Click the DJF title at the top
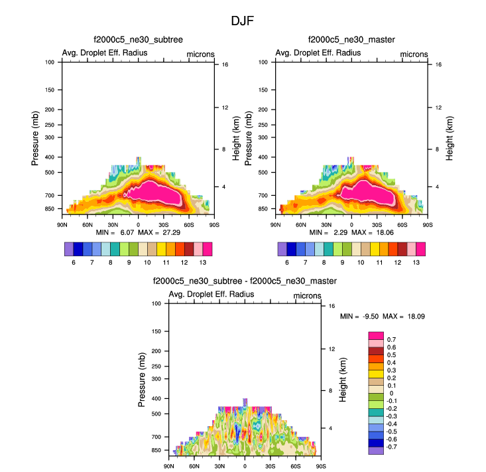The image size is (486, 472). point(243,21)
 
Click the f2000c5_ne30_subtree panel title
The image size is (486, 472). point(138,40)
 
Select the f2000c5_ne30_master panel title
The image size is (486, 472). point(351,40)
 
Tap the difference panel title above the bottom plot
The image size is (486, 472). point(245,281)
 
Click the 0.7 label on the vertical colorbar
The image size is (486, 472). point(391,340)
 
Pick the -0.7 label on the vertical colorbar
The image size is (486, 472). point(393,447)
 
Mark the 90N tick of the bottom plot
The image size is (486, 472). point(168,466)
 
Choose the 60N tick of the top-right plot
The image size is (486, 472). point(300,224)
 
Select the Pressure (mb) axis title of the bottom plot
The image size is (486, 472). point(141,379)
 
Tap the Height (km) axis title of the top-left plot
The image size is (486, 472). point(237,138)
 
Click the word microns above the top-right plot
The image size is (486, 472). point(414,54)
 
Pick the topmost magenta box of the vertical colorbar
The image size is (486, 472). point(376,336)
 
